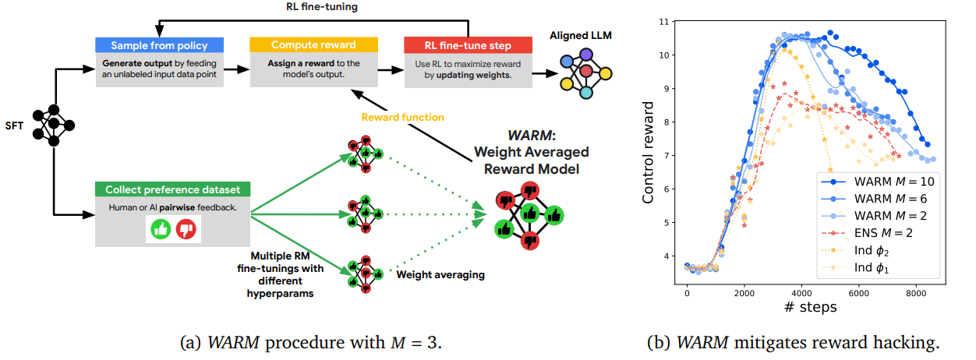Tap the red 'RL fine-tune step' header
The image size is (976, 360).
468,45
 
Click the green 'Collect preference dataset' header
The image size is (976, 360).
172,189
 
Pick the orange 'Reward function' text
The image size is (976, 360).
403,118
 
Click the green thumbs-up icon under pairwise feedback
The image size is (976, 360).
161,228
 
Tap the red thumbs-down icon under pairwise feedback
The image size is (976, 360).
186,228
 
